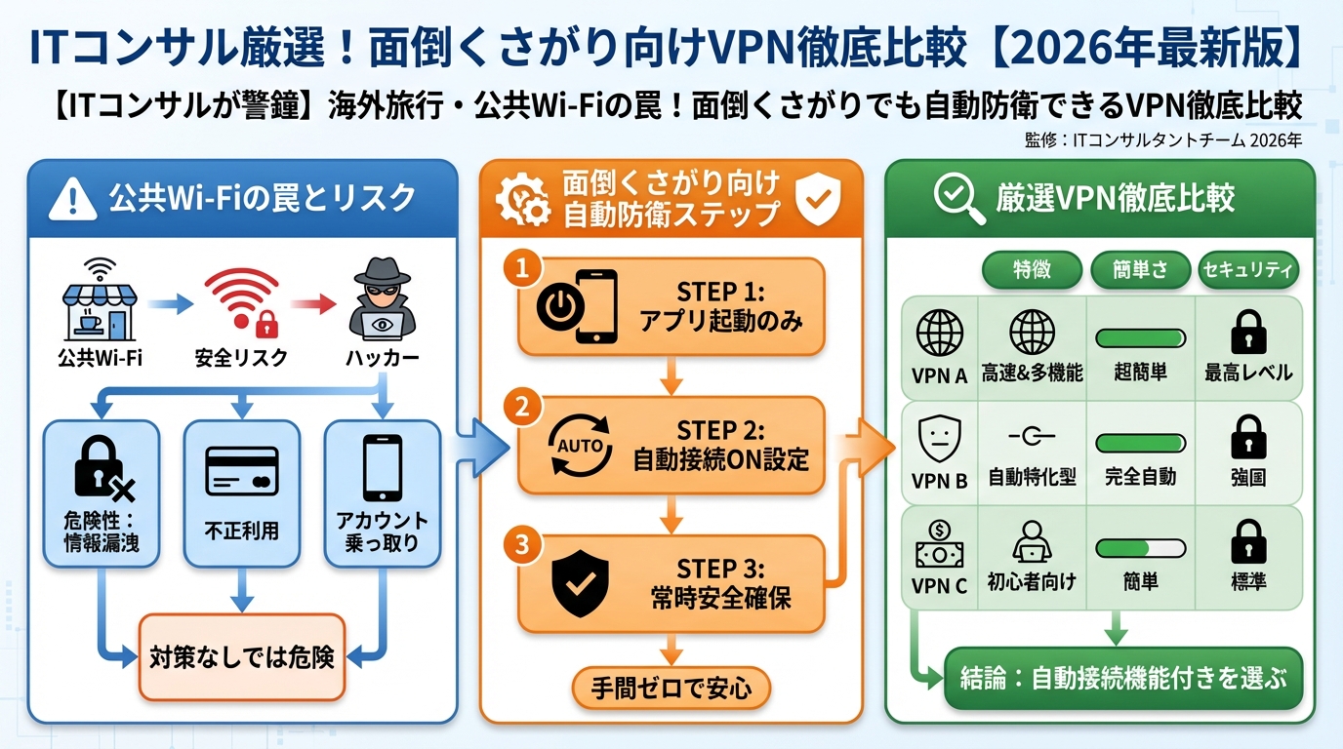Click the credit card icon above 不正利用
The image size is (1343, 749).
tap(242, 472)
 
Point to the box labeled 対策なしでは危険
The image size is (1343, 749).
tap(242, 656)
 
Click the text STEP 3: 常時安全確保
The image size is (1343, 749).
tap(721, 582)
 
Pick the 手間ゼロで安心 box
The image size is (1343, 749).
tap(671, 688)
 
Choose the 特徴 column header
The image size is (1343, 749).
tap(1032, 270)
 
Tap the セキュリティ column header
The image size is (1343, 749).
tap(1248, 270)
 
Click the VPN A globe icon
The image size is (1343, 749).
tap(939, 334)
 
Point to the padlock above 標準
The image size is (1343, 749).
tap(1248, 542)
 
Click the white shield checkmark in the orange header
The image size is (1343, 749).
tap(818, 199)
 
